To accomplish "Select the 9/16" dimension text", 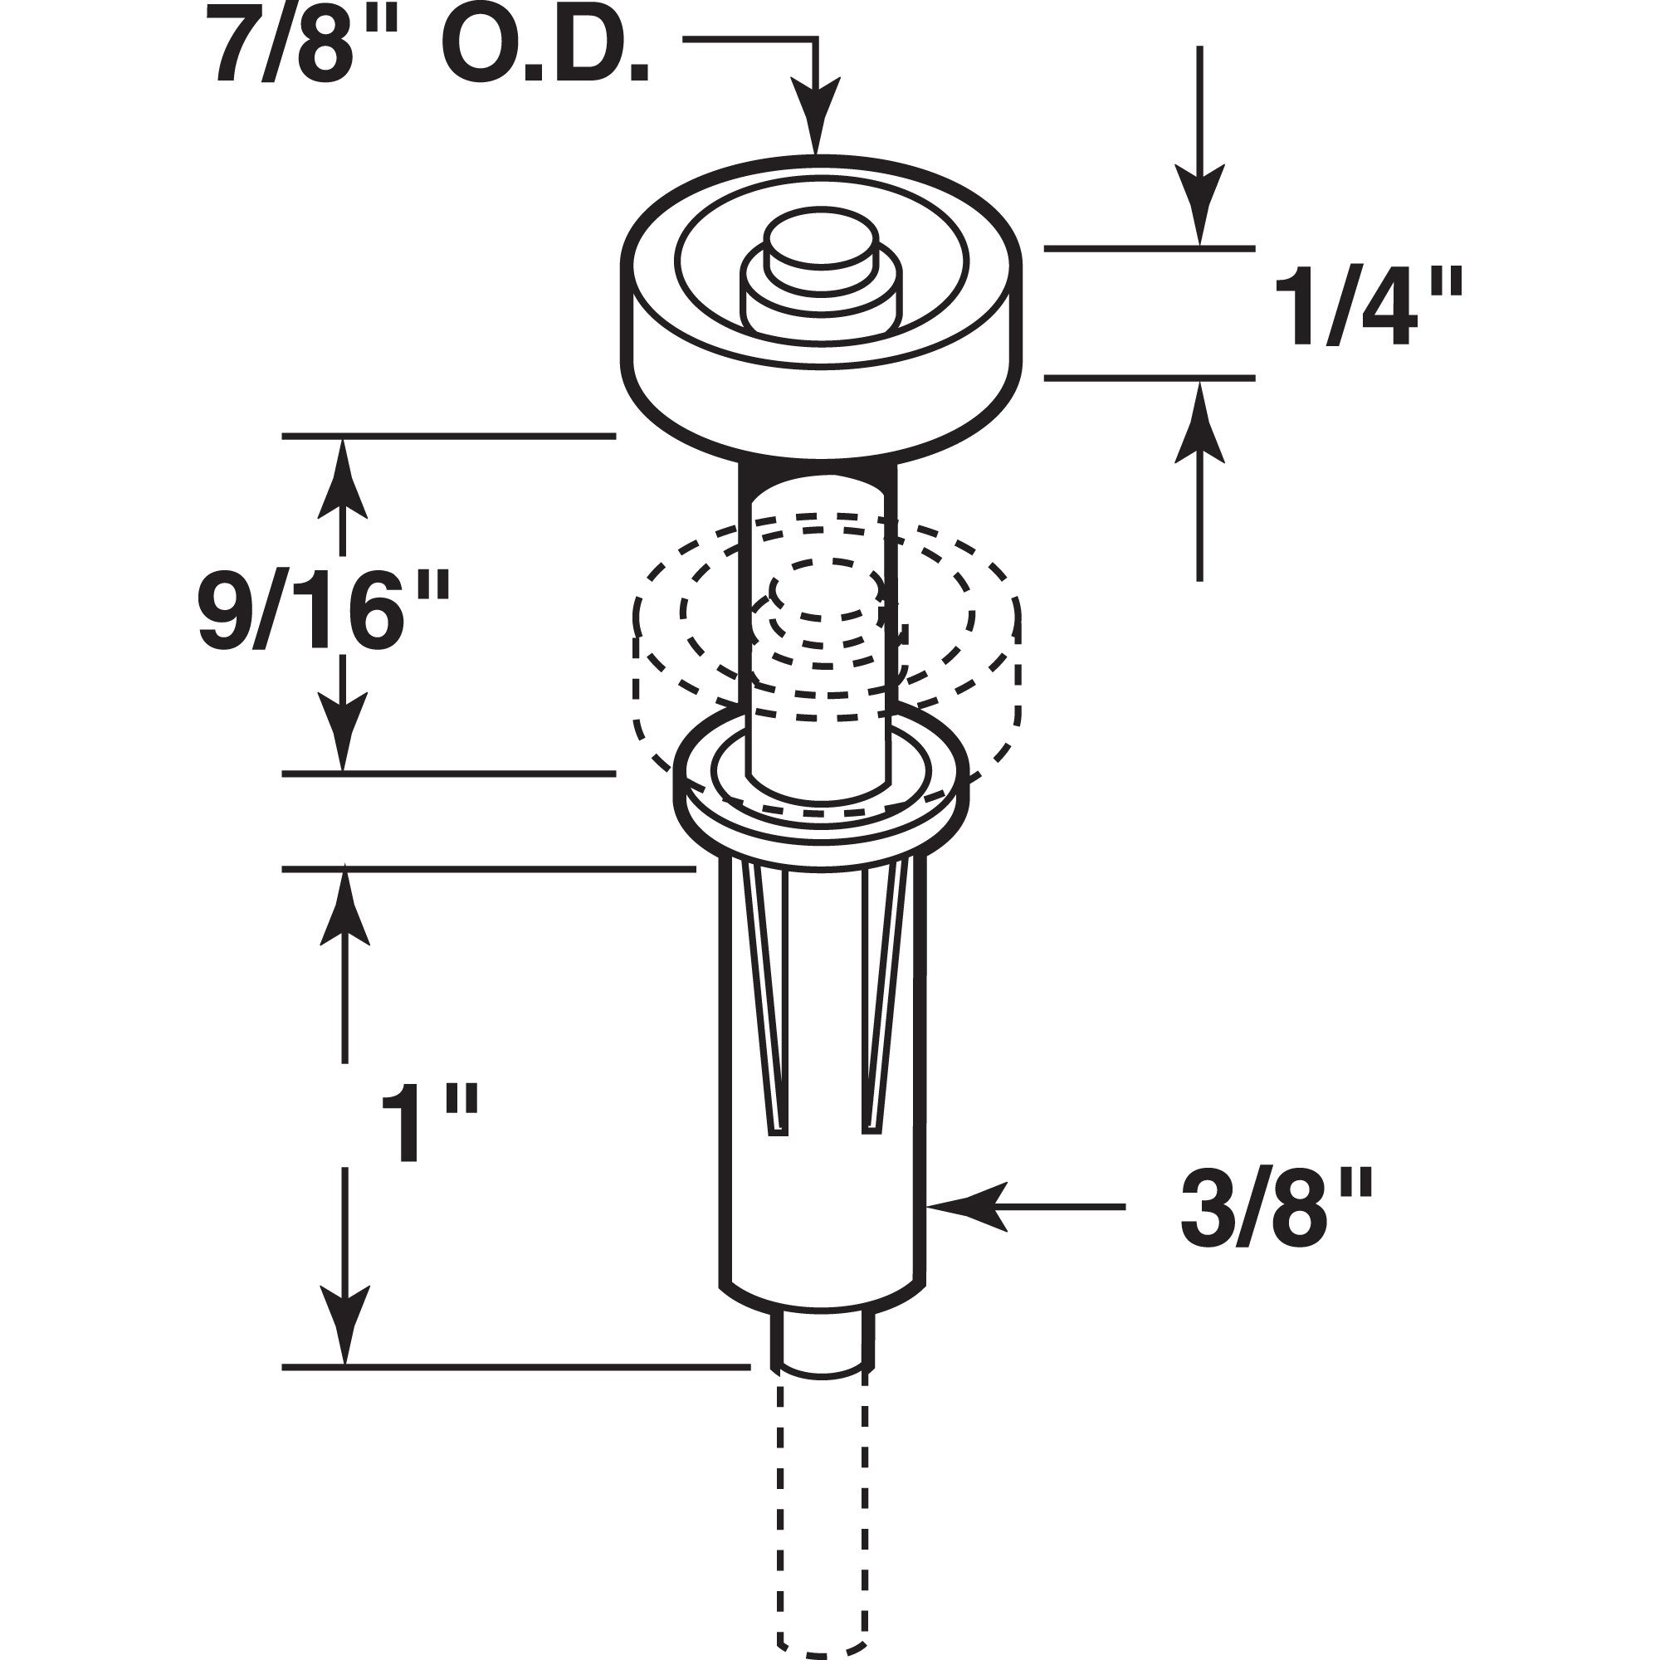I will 324,611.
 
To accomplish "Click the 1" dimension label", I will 427,1124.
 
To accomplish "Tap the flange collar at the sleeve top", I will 821,808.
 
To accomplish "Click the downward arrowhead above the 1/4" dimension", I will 1200,206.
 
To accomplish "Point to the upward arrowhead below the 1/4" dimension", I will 1200,421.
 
